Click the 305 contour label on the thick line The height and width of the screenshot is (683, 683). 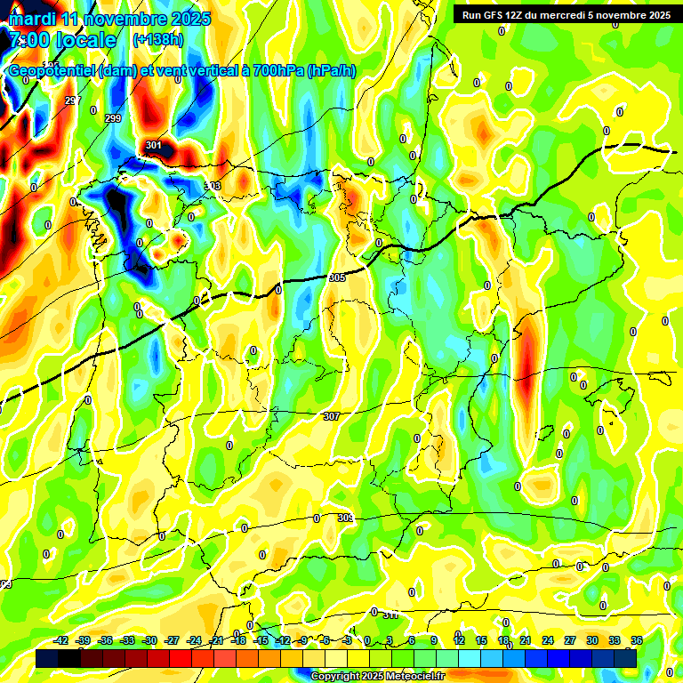tap(337, 277)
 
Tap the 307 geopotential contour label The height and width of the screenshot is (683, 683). tap(331, 416)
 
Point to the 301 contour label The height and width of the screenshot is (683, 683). tap(154, 146)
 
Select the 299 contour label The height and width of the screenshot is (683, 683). tap(113, 118)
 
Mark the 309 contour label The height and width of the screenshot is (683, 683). tap(346, 518)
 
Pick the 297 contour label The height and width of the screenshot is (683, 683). tap(72, 100)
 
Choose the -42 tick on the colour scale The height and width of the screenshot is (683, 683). tap(61, 640)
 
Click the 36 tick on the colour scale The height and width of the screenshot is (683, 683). tap(636, 640)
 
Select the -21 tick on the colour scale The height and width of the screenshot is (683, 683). tap(217, 640)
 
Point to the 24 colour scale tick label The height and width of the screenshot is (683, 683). tap(547, 640)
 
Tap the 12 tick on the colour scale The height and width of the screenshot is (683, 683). tap(459, 640)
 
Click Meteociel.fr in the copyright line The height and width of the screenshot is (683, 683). tap(410, 677)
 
